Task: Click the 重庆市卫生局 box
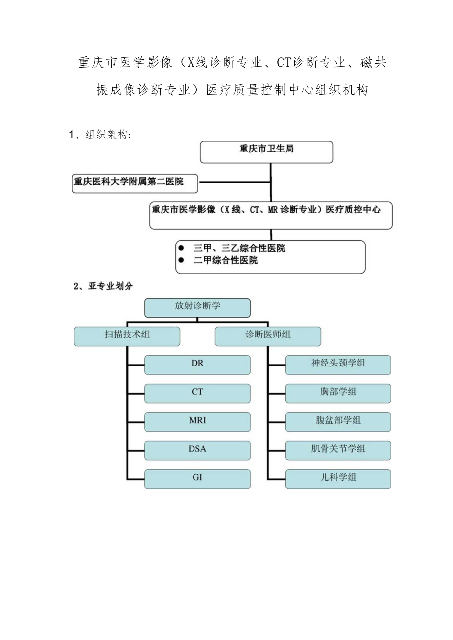tap(266, 152)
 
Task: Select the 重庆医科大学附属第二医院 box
tap(135, 183)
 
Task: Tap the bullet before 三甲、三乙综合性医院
tap(182, 248)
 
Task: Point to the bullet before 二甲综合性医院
tap(182, 260)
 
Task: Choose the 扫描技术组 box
tap(127, 336)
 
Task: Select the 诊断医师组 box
tap(268, 336)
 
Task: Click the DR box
tap(197, 365)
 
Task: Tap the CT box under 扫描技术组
tap(197, 393)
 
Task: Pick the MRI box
tap(197, 422)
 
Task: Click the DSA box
tap(197, 450)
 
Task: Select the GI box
tap(197, 479)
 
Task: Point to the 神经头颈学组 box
tap(338, 365)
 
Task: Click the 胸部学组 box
tap(338, 393)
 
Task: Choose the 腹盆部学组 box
tap(338, 422)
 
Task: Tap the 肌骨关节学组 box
tap(338, 450)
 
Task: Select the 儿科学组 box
tap(338, 479)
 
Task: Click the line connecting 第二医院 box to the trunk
tap(234, 183)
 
